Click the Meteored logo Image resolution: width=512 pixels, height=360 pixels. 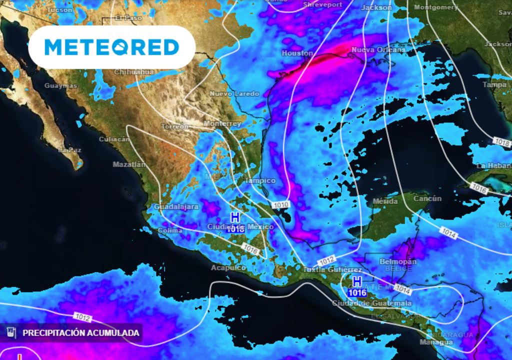pyautogui.click(x=111, y=47)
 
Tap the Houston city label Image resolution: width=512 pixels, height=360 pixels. pyautogui.click(x=297, y=53)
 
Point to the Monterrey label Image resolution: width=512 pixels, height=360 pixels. pyautogui.click(x=222, y=123)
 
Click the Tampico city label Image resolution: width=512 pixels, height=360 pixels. pyautogui.click(x=260, y=180)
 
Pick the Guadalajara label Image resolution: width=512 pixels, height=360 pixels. pyautogui.click(x=176, y=206)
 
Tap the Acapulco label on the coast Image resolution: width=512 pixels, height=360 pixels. pyautogui.click(x=228, y=267)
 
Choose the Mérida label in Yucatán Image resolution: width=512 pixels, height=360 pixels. pyautogui.click(x=385, y=201)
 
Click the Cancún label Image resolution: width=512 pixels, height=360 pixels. pyautogui.click(x=427, y=198)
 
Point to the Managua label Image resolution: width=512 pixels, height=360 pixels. pyautogui.click(x=436, y=342)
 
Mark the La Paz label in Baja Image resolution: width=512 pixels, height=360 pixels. pyautogui.click(x=69, y=149)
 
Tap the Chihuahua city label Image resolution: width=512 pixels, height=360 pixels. pyautogui.click(x=134, y=72)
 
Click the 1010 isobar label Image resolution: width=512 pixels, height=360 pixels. pyautogui.click(x=280, y=204)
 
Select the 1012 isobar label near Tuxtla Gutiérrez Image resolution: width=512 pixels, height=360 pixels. pyautogui.click(x=326, y=260)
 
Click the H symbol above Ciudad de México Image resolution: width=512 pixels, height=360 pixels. pyautogui.click(x=235, y=217)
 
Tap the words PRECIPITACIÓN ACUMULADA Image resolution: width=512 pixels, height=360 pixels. pyautogui.click(x=81, y=333)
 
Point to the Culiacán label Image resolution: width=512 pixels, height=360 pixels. pyautogui.click(x=114, y=139)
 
